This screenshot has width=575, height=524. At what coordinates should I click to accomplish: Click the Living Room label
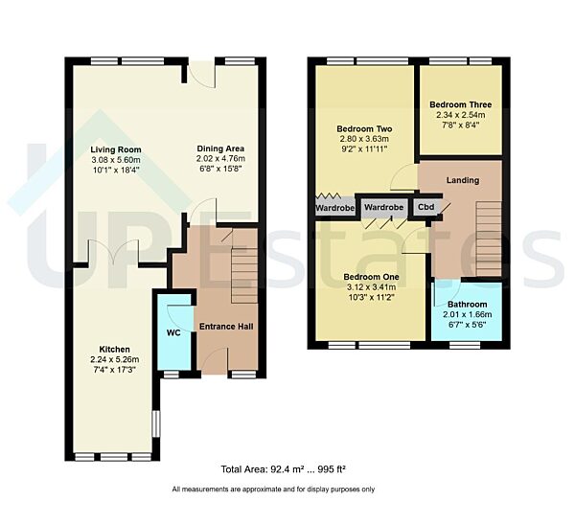[116, 149]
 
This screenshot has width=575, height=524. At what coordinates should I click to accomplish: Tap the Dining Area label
[220, 148]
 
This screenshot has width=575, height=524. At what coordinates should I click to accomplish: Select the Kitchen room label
[113, 349]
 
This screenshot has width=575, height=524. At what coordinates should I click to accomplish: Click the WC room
[174, 333]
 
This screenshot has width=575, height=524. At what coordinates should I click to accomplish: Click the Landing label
[462, 179]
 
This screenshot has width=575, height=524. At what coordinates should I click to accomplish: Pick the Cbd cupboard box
[424, 206]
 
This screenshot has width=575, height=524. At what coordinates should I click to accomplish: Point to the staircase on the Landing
[488, 239]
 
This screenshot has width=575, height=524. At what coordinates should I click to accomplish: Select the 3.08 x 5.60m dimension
[116, 160]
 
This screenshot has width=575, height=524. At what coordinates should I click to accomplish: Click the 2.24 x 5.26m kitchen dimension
[113, 360]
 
